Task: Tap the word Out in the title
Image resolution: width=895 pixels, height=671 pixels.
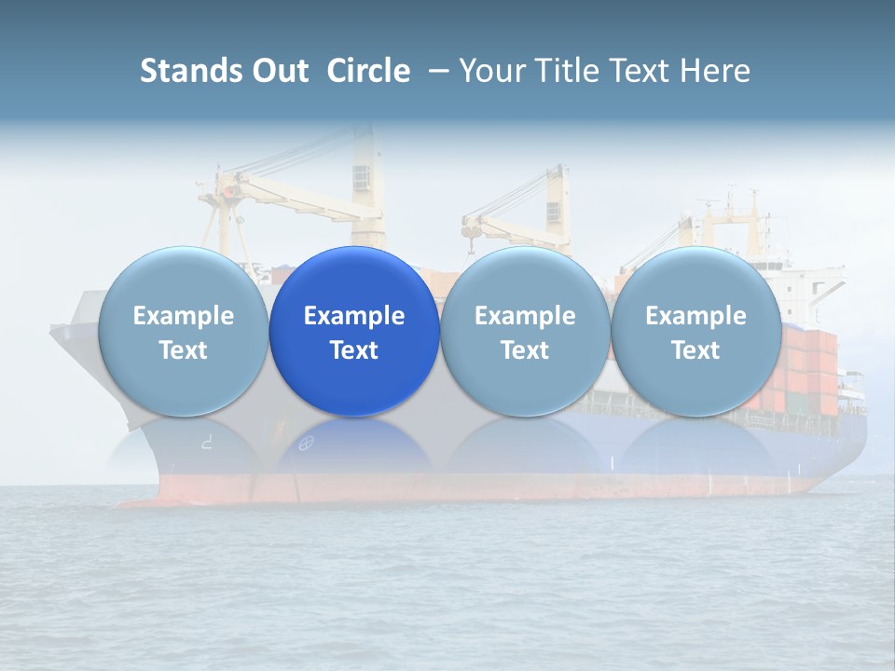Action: tap(281, 71)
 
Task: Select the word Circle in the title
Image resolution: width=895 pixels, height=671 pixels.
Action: tap(368, 71)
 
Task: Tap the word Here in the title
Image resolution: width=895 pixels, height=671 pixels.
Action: tap(716, 71)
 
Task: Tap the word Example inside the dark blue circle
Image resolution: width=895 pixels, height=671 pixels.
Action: tap(354, 316)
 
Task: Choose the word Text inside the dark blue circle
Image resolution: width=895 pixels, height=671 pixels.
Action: tap(354, 350)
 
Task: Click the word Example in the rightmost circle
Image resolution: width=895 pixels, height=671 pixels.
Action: tap(695, 316)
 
